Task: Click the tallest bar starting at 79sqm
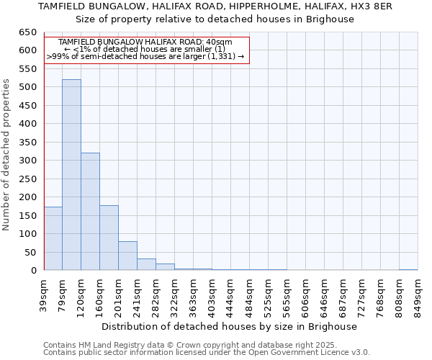pyautogui.click(x=71, y=175)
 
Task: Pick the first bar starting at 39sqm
pyautogui.click(x=53, y=238)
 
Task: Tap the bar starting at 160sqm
pyautogui.click(x=109, y=238)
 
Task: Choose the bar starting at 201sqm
pyautogui.click(x=127, y=256)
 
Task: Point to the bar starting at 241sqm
pyautogui.click(x=146, y=264)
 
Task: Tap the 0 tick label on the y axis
pyautogui.click(x=33, y=271)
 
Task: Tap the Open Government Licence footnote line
pyautogui.click(x=207, y=352)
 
